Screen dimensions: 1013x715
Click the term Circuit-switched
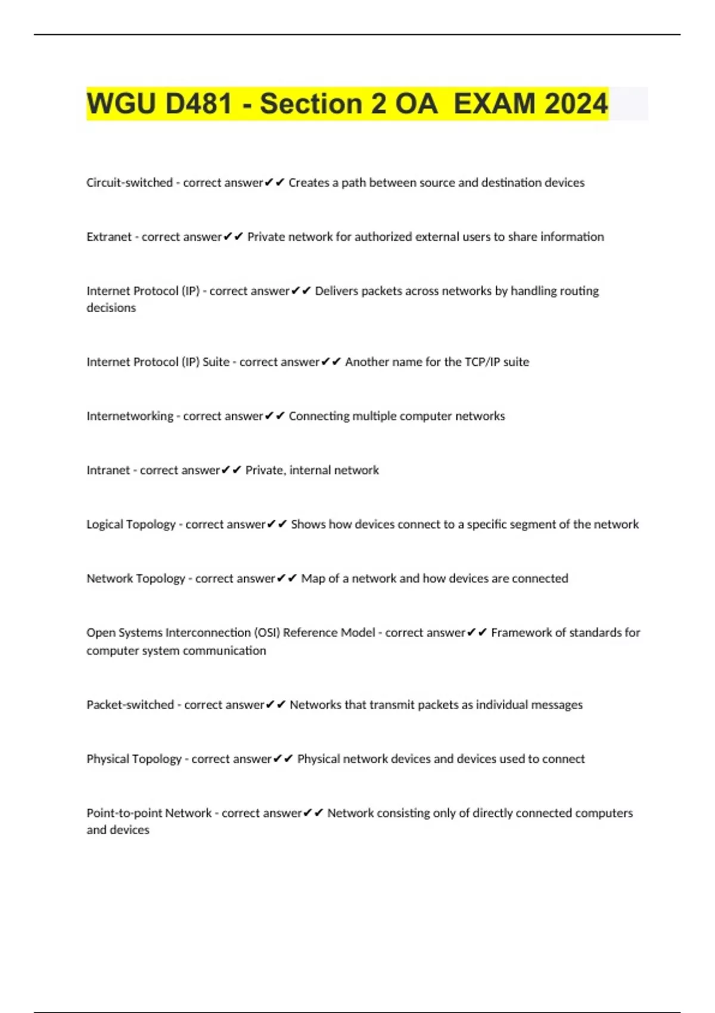pos(129,182)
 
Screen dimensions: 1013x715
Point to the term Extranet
pos(108,237)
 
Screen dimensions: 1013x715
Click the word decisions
pos(111,308)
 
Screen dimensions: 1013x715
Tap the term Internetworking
pos(129,416)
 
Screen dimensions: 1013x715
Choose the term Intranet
pos(108,470)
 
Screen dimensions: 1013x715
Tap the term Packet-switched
pos(130,705)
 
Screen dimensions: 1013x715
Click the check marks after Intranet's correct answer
pos(231,470)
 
